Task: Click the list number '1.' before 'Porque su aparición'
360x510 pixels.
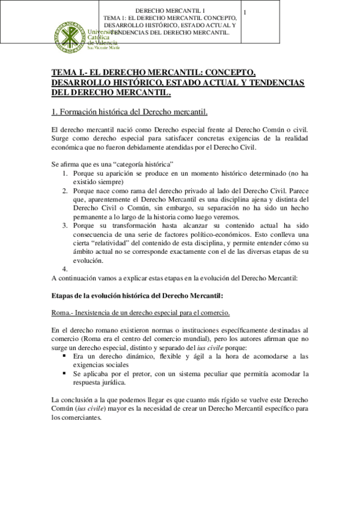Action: pyautogui.click(x=66, y=173)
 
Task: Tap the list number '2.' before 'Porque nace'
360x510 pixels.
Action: pyautogui.click(x=66, y=191)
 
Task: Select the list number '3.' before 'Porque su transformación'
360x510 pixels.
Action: pyautogui.click(x=66, y=226)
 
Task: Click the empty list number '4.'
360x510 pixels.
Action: pyautogui.click(x=66, y=269)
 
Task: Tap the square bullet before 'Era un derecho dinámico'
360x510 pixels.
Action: pyautogui.click(x=64, y=356)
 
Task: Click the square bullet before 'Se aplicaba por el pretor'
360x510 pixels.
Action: pyautogui.click(x=64, y=373)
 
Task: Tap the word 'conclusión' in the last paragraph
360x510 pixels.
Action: pyautogui.click(x=79, y=400)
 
